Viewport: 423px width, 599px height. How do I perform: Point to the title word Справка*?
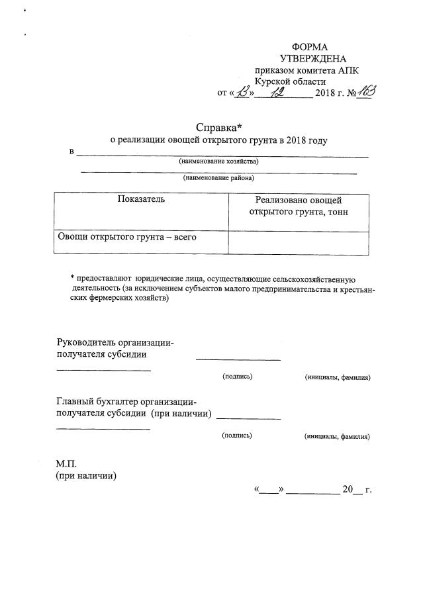coord(216,127)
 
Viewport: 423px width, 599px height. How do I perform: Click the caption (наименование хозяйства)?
coord(218,161)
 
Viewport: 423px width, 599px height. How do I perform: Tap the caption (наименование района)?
coord(218,177)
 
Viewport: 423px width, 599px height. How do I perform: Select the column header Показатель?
coord(141,199)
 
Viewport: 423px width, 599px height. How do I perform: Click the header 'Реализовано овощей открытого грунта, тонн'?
coord(298,206)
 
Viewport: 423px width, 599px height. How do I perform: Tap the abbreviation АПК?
coord(347,70)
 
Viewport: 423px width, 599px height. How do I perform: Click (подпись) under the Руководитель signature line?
coord(237,377)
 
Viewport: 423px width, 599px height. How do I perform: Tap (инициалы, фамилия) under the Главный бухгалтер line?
coord(337,436)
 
